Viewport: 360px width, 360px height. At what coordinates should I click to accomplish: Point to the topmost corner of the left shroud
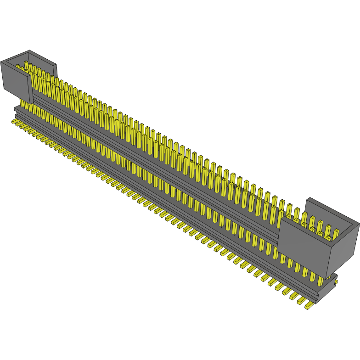click(29, 51)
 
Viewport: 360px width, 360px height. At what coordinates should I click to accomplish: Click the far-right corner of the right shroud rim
click(359, 224)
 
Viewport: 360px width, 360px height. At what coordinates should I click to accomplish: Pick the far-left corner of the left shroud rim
click(1, 62)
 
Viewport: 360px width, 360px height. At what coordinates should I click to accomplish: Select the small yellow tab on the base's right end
click(336, 281)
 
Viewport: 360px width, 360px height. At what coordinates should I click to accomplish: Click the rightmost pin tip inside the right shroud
click(336, 231)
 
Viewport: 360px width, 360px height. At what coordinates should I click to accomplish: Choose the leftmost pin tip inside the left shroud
click(18, 66)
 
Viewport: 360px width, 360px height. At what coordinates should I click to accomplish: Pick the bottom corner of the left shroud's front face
click(29, 104)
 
